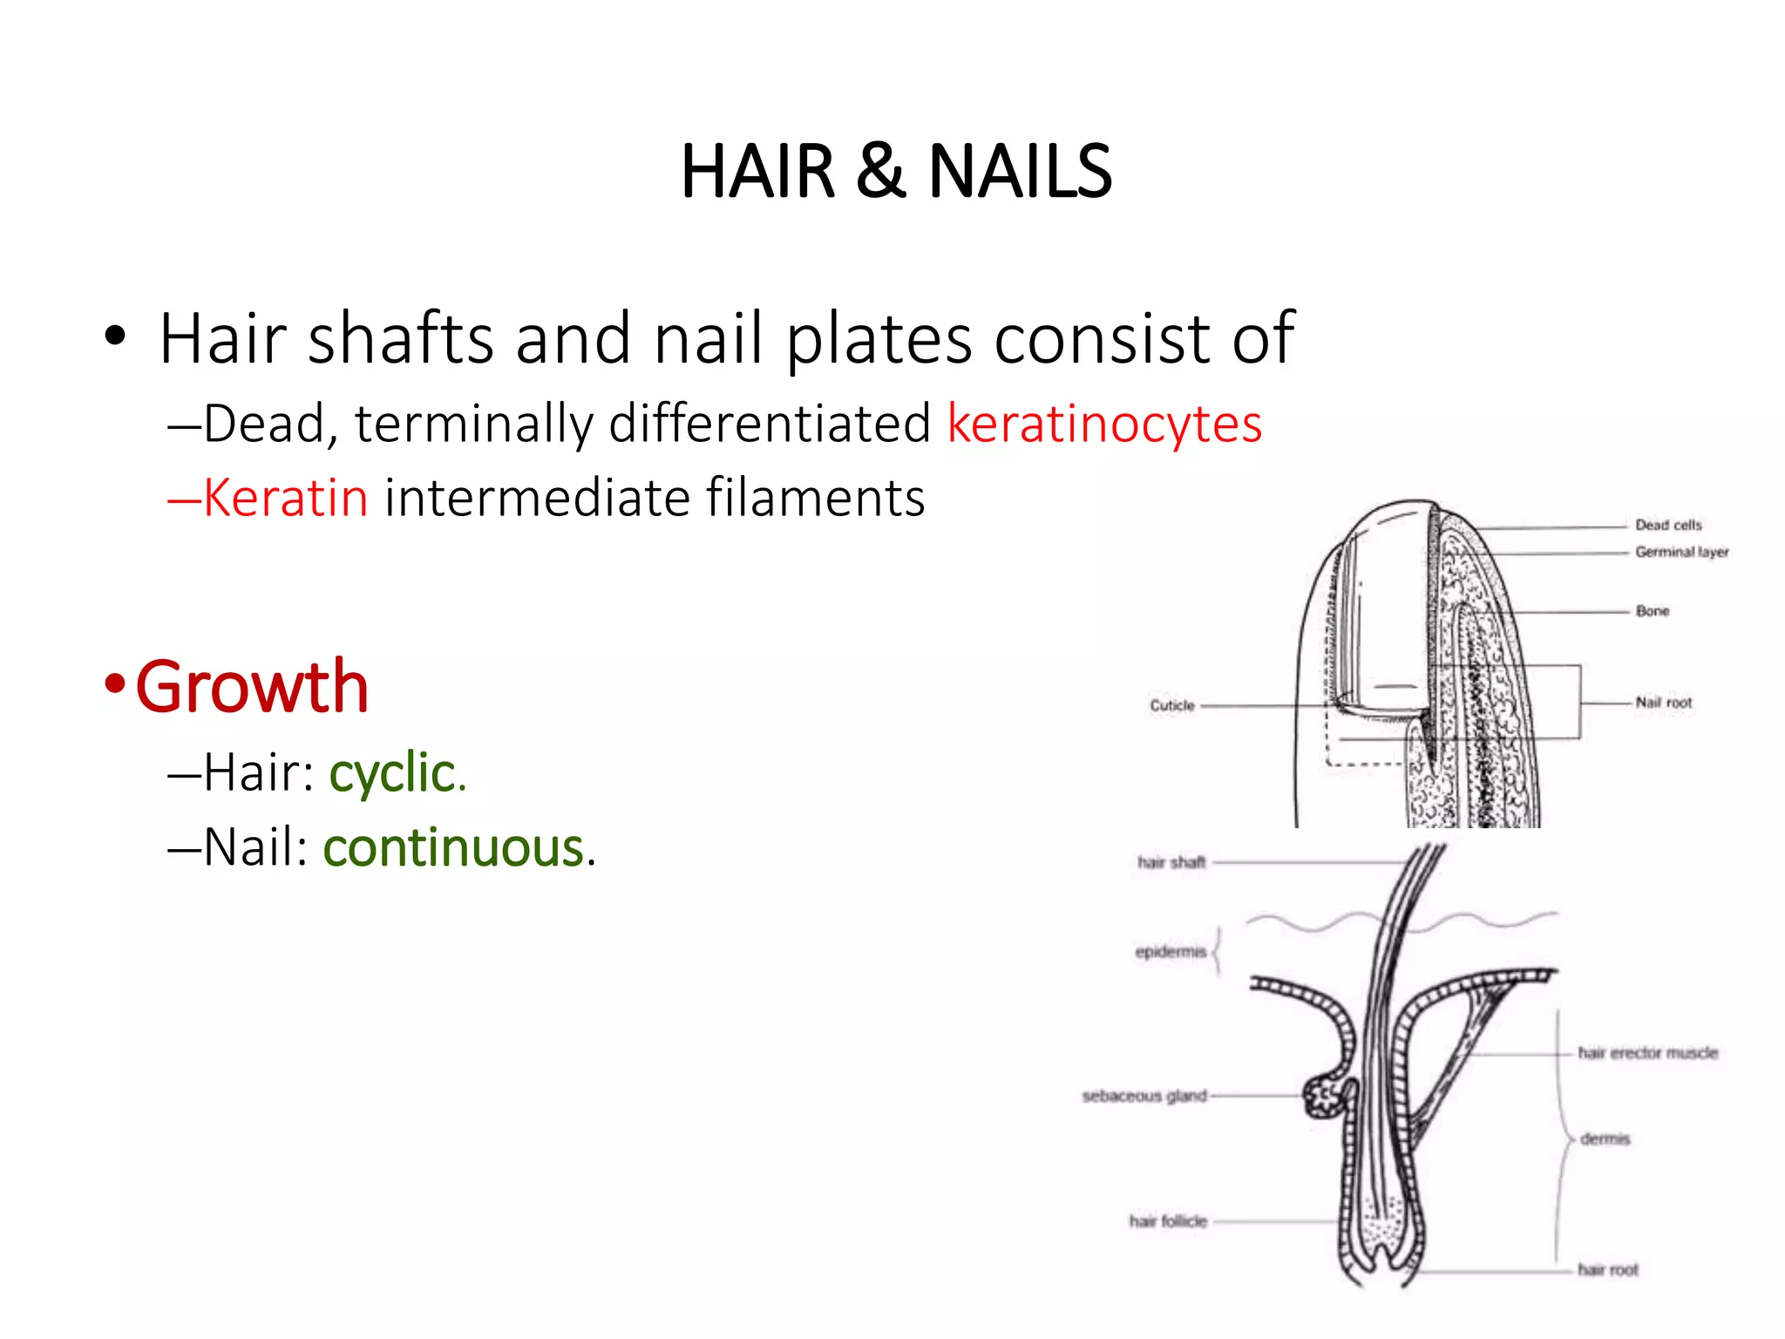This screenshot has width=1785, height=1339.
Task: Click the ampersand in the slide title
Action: [x=880, y=172]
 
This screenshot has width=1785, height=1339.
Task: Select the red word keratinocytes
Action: [x=1104, y=425]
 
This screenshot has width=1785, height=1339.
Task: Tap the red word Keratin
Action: [x=285, y=499]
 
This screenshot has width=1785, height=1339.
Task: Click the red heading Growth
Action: [x=252, y=687]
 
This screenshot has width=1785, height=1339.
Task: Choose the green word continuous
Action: [x=453, y=848]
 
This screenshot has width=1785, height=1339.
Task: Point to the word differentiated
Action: [x=770, y=425]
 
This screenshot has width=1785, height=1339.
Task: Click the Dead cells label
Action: [x=1668, y=525]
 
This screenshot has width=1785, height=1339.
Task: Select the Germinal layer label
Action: [x=1681, y=552]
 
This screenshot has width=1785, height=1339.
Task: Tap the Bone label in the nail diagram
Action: [x=1653, y=611]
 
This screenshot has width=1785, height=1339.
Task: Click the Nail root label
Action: [x=1664, y=702]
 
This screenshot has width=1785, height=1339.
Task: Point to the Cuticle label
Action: [x=1172, y=705]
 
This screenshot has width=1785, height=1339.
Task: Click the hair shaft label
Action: [x=1171, y=862]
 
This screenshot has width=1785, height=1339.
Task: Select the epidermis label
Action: [x=1171, y=951]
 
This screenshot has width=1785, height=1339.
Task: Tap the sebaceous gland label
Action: [x=1144, y=1096]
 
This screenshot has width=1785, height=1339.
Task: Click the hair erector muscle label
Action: [x=1647, y=1053]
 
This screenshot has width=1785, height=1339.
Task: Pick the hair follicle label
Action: [x=1168, y=1221]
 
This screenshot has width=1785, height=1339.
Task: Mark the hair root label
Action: [x=1608, y=1270]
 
